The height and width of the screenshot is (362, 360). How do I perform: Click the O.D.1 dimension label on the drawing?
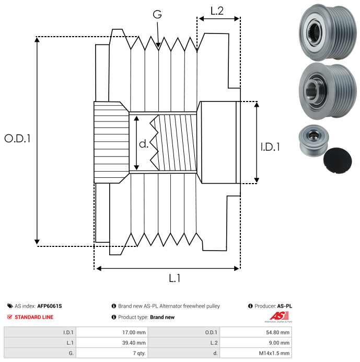click(18, 139)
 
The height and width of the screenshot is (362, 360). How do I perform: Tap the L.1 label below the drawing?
click(175, 278)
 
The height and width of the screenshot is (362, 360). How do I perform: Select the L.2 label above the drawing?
click(217, 10)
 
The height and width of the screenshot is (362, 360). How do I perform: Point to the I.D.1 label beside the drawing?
click(270, 148)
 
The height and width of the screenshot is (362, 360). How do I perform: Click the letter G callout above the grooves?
click(157, 15)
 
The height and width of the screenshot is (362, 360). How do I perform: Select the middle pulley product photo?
click(326, 89)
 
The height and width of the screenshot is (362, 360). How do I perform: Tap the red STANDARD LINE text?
click(34, 317)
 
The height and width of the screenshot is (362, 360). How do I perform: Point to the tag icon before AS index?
click(10, 306)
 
